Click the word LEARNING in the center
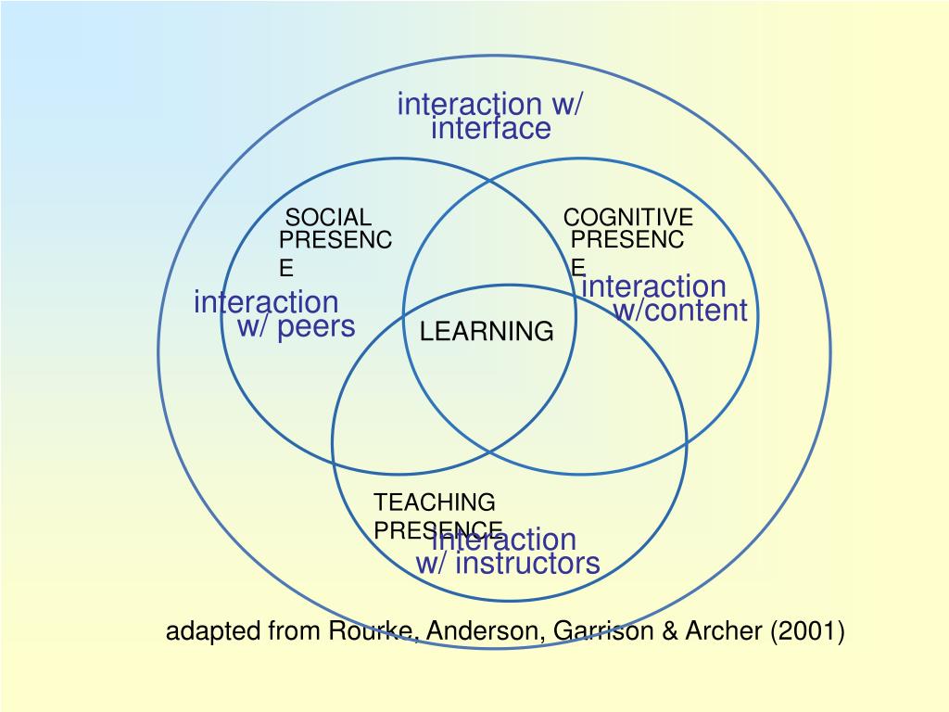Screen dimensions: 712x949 tap(487, 332)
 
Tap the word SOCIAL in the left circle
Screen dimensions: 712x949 tap(328, 218)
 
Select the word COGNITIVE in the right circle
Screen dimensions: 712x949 tap(627, 218)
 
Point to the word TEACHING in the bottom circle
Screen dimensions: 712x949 tap(434, 502)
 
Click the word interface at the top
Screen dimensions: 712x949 tap(490, 129)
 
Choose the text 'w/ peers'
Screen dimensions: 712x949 tap(296, 326)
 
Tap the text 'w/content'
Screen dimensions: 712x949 tap(679, 311)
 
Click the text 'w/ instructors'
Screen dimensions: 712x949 tap(508, 564)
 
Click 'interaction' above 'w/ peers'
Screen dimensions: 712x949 tap(266, 302)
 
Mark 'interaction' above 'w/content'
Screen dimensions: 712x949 tap(653, 287)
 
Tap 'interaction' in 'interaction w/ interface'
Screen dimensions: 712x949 tap(469, 105)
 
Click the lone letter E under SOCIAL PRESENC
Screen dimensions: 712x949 tap(287, 269)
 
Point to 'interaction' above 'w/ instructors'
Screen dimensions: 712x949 tap(505, 540)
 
